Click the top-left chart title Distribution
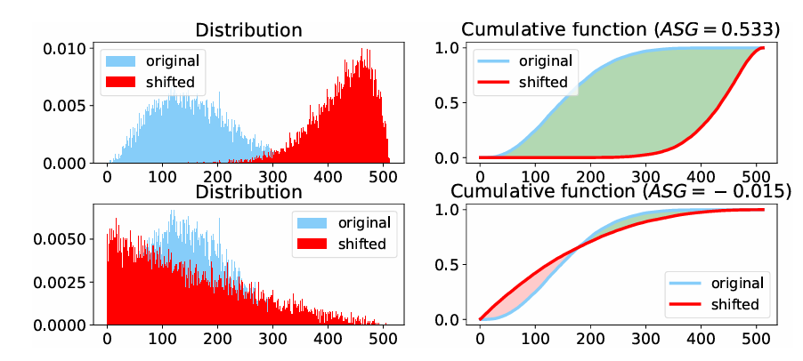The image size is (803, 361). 249,29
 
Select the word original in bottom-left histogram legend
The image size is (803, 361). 363,222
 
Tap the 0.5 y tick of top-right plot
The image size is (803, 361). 458,102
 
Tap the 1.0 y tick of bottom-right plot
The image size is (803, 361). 458,210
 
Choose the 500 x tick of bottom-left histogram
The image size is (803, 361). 383,339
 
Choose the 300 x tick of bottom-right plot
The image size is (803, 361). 645,339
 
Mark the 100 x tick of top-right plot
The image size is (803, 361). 535,177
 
